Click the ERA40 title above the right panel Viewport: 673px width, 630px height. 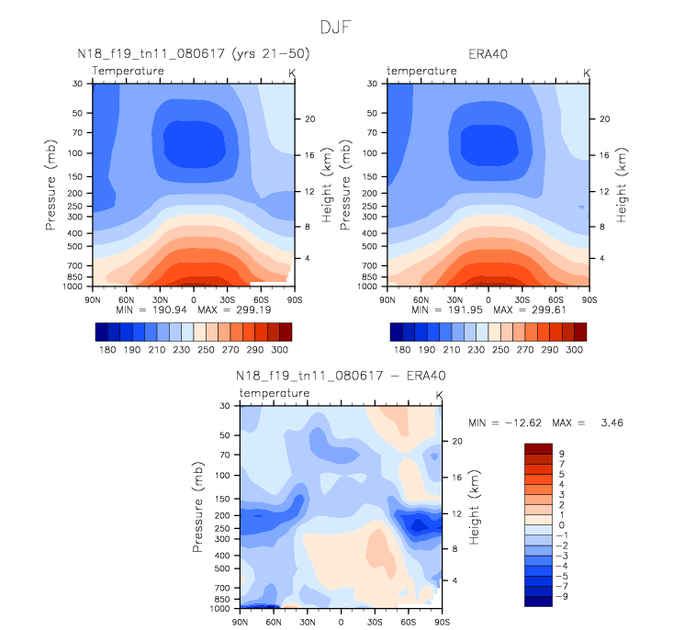[488, 54]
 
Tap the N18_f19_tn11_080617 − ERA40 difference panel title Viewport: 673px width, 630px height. [341, 377]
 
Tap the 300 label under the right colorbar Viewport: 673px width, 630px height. [574, 350]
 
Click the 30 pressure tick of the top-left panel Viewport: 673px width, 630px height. [76, 84]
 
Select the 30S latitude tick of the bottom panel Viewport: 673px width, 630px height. [375, 622]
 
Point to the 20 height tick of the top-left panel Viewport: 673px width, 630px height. [309, 118]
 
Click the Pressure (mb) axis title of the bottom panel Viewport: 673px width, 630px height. [197, 506]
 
